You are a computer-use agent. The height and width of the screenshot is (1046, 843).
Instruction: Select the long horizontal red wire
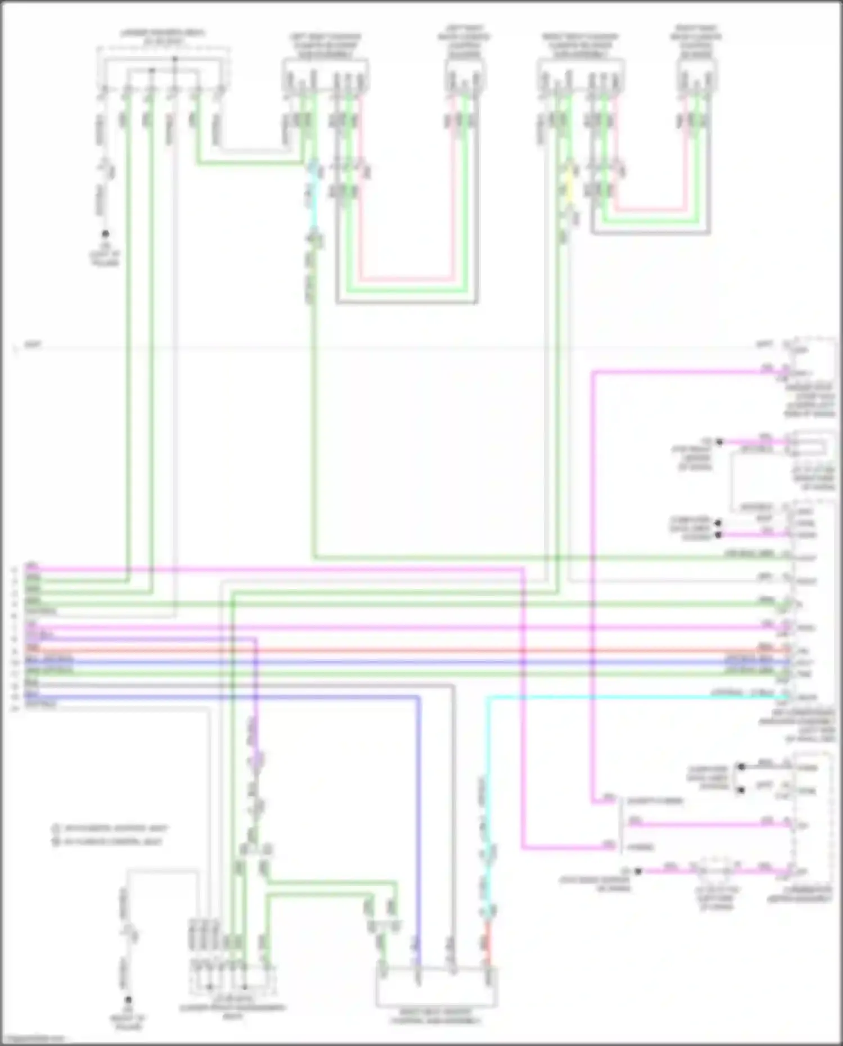click(x=393, y=651)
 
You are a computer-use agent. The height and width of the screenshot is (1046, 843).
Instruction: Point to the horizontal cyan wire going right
click(x=618, y=698)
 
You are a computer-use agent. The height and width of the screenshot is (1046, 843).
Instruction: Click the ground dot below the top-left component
click(x=105, y=234)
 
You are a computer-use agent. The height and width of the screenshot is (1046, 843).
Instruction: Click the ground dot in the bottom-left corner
click(x=128, y=1000)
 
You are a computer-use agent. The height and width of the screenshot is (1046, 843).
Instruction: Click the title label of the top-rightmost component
click(x=696, y=40)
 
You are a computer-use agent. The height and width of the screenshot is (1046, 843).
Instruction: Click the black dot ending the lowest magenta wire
click(x=638, y=871)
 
